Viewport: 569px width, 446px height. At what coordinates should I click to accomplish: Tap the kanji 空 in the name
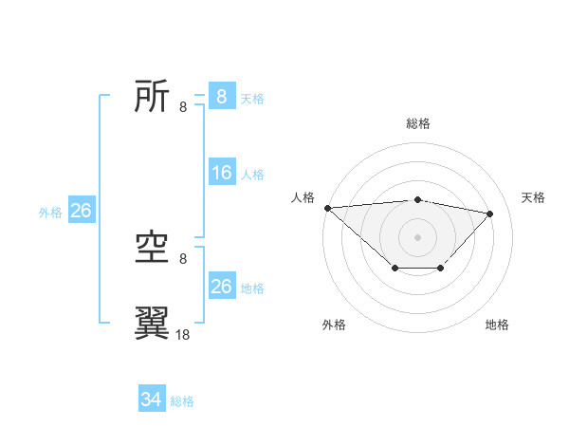click(152, 249)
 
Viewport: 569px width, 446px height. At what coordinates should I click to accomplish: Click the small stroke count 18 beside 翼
click(183, 334)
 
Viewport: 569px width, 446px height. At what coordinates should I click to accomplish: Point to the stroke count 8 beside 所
click(183, 106)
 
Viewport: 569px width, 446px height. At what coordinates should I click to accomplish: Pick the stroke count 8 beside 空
click(183, 258)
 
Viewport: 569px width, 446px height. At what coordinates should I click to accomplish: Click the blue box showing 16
click(222, 173)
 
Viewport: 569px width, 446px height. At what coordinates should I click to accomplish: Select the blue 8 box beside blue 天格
click(222, 97)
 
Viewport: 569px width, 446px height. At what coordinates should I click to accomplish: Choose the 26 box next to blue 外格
click(81, 211)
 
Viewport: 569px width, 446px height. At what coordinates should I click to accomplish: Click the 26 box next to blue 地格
click(222, 287)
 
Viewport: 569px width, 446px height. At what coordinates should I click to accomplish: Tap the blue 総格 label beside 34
click(182, 401)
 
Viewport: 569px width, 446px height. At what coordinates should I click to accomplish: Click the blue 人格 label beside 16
click(252, 175)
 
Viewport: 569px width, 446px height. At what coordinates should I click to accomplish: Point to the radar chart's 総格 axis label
click(418, 123)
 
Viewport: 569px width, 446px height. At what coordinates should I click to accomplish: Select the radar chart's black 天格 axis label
click(534, 197)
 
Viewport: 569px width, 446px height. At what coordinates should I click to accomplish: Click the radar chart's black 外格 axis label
click(334, 325)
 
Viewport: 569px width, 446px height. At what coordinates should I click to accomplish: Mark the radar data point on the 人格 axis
click(327, 208)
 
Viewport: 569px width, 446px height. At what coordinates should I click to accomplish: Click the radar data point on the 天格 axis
click(490, 214)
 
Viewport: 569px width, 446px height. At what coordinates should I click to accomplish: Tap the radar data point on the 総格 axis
click(418, 200)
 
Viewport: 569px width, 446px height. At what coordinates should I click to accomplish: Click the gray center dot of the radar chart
click(418, 236)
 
